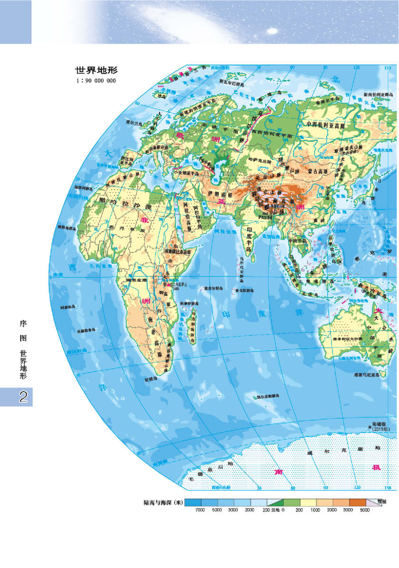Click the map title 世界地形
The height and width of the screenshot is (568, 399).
tap(96, 70)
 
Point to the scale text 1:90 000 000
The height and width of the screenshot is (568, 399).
tap(96, 81)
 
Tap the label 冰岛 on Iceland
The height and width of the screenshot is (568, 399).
tap(162, 96)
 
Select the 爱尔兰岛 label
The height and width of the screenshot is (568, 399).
tap(134, 123)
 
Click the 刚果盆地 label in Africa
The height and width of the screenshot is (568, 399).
tap(137, 280)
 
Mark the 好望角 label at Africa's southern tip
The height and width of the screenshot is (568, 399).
tap(151, 379)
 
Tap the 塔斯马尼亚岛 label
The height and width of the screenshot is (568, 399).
tap(366, 375)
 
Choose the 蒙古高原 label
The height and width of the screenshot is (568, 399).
tap(318, 171)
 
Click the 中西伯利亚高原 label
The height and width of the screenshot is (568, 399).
tap(325, 125)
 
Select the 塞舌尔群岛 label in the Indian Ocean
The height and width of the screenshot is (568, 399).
tap(213, 288)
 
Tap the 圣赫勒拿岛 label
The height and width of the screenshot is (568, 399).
tap(86, 331)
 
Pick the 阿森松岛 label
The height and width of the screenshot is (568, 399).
tap(68, 307)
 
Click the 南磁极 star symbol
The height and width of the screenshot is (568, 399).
tap(370, 427)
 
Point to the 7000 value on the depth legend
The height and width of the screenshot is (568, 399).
tap(200, 510)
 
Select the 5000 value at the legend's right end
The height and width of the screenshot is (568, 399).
tap(365, 510)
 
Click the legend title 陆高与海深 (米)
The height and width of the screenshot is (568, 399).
tap(163, 503)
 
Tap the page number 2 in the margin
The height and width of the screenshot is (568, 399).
tap(23, 397)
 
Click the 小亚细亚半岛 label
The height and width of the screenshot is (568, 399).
tap(187, 173)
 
